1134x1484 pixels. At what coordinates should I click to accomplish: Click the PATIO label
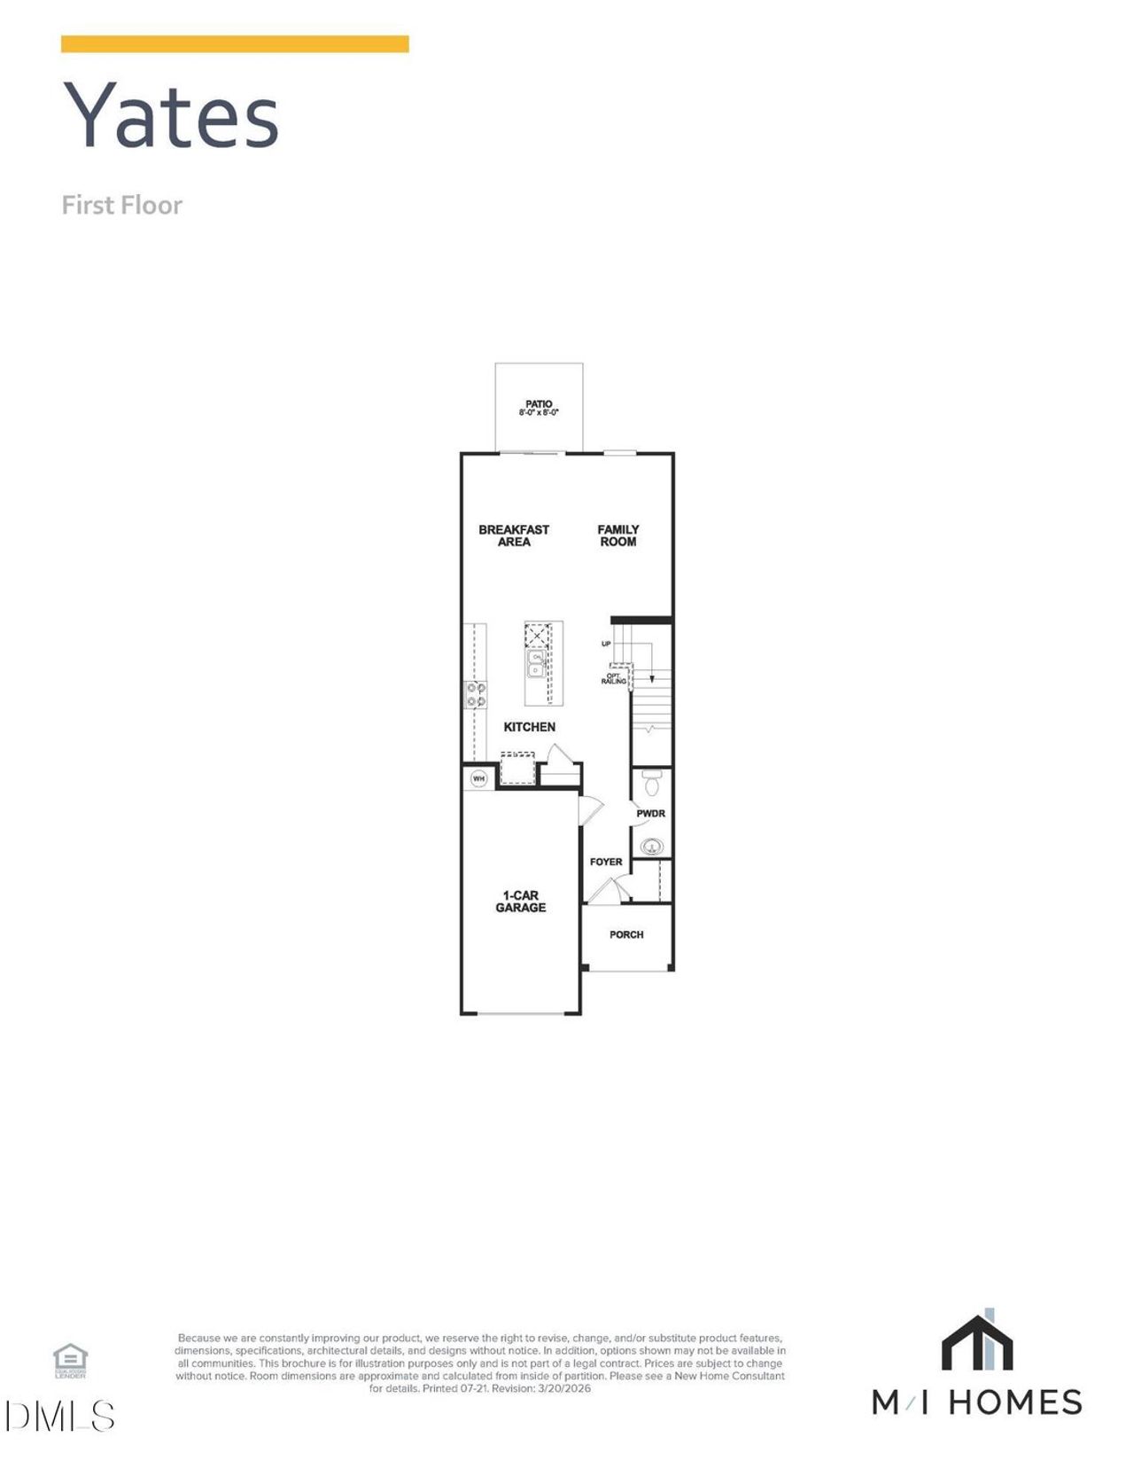(539, 405)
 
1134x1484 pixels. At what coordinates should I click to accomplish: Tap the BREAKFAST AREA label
(514, 535)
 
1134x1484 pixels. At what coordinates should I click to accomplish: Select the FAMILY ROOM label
(617, 535)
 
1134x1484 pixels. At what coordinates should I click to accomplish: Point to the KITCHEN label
(529, 727)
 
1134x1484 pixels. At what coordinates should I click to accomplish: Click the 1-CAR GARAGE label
(520, 902)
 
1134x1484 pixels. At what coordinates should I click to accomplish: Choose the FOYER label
(606, 862)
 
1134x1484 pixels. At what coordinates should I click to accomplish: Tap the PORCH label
(626, 934)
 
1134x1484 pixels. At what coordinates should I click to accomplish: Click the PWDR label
(650, 813)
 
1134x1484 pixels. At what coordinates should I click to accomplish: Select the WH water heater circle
(479, 779)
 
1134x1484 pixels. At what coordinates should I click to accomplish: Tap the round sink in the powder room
(652, 847)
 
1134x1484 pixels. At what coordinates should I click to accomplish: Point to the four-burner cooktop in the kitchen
(476, 694)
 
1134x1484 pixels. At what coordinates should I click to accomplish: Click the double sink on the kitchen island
(536, 664)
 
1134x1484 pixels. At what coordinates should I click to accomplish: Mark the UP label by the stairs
(606, 644)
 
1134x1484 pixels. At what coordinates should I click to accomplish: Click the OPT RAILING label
(614, 678)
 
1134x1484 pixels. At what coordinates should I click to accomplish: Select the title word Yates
(171, 115)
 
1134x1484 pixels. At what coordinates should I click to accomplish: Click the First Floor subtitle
(121, 205)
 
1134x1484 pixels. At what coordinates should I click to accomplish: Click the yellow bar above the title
(235, 44)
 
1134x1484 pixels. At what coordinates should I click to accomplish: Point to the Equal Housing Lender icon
(71, 1359)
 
